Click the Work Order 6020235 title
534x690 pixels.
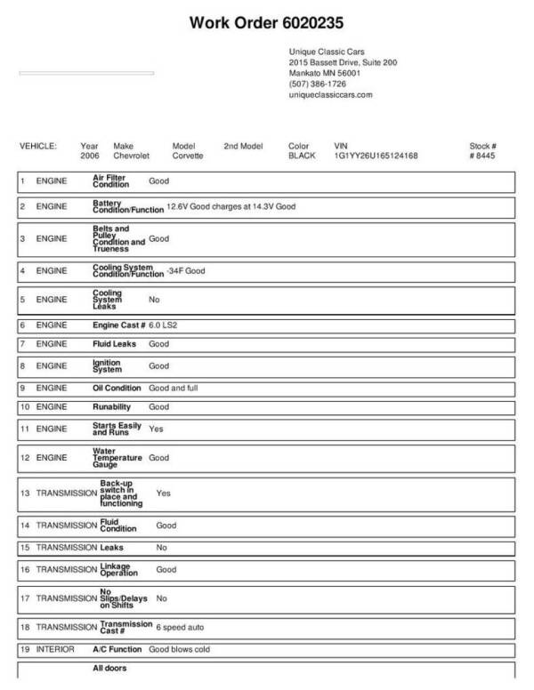[267, 21]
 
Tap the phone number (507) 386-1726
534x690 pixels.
[318, 84]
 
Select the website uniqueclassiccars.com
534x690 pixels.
[330, 94]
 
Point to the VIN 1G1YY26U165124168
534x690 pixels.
[376, 156]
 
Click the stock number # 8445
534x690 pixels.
[482, 156]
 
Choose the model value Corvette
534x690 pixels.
[188, 156]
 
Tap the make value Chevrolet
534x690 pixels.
[133, 156]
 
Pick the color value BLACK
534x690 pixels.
[303, 156]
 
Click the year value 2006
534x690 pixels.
[90, 156]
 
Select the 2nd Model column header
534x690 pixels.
[243, 145]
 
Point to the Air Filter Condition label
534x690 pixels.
[110, 181]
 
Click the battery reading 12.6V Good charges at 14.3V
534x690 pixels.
[231, 207]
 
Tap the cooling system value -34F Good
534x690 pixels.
[185, 270]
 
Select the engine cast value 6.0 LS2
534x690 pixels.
[166, 325]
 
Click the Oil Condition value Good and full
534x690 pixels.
[176, 388]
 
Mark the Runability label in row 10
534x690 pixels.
[112, 406]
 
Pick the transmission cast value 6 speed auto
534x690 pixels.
[183, 627]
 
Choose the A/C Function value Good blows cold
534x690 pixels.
[179, 649]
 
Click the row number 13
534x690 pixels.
[25, 492]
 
